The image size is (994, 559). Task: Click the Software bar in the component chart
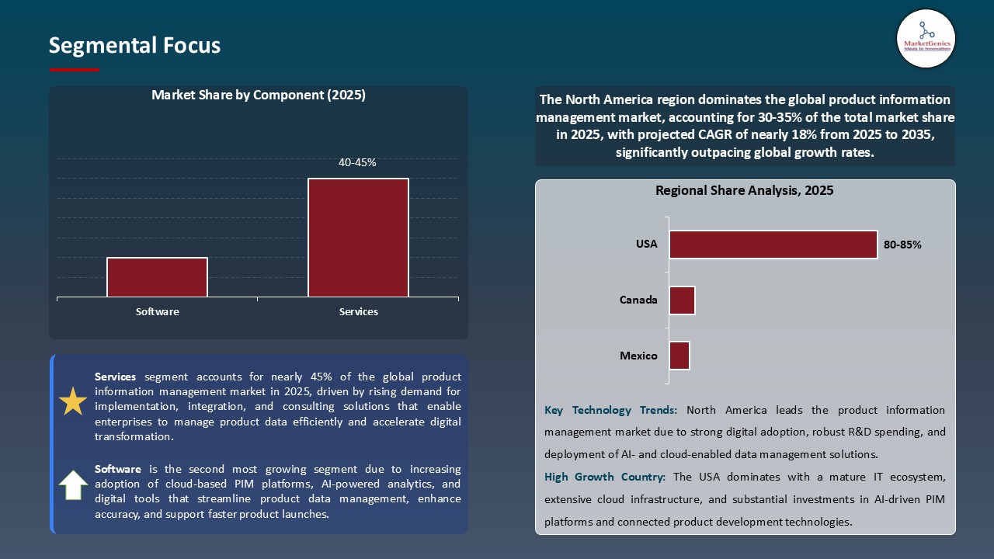pos(158,277)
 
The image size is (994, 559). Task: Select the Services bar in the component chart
pos(358,238)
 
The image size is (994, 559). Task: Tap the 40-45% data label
pos(357,163)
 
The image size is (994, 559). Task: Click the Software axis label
pos(158,312)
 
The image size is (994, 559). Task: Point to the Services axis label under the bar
pos(358,312)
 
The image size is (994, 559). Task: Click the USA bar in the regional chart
pos(773,245)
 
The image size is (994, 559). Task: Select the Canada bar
pos(682,300)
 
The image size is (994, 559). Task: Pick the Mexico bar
pos(679,356)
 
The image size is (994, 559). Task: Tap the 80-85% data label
pos(902,245)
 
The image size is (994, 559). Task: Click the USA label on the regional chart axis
pos(646,244)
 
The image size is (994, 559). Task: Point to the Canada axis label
pos(638,300)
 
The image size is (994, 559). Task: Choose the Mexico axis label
pos(638,356)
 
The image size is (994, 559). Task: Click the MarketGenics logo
pos(926,38)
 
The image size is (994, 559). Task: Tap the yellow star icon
pos(73,401)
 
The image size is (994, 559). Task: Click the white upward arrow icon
pos(73,485)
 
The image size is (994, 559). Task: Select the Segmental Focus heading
pos(134,46)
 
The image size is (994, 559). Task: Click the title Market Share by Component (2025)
pos(258,95)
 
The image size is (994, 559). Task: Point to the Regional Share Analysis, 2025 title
pos(744,190)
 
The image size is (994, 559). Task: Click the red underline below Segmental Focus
pos(75,70)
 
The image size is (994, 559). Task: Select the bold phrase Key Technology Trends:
pos(611,410)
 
